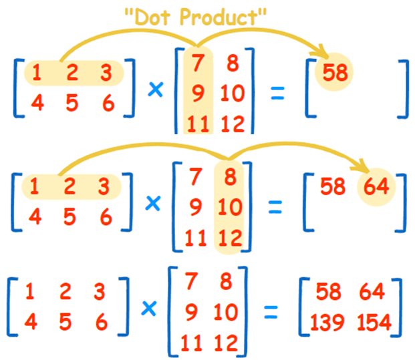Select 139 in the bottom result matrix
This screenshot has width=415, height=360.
[327, 323]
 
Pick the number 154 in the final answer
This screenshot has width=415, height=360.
[374, 323]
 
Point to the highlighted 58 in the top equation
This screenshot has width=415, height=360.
[335, 71]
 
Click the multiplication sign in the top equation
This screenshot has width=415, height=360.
[155, 91]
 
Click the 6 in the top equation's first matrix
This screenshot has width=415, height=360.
[106, 104]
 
